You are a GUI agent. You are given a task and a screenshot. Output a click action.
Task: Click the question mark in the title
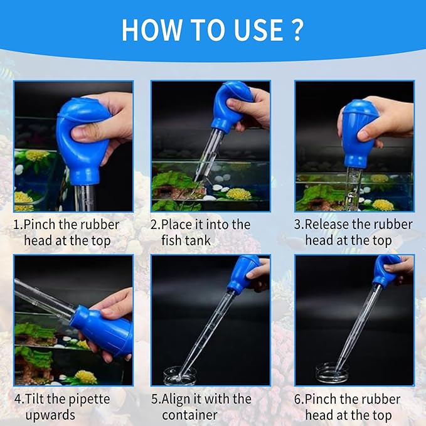click(x=297, y=29)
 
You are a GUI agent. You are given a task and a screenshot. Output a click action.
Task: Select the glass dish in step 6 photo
click(x=333, y=373)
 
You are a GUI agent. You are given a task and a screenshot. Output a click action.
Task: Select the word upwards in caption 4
click(x=51, y=415)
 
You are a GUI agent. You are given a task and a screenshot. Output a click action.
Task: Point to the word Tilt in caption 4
click(x=36, y=400)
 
